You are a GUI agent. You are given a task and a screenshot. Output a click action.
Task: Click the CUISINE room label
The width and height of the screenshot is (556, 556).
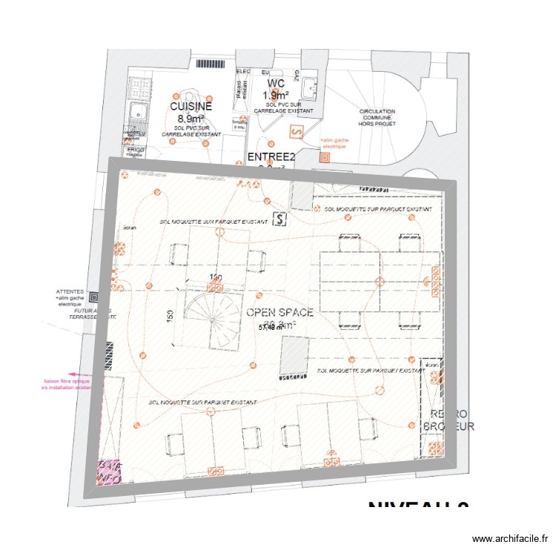(x=191, y=106)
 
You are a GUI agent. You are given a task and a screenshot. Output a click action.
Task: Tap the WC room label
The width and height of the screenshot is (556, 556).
(x=276, y=84)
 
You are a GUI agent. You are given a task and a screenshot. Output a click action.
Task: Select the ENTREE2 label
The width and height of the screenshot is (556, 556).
(x=271, y=157)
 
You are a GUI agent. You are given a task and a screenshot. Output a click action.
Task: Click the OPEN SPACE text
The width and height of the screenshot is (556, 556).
(x=279, y=313)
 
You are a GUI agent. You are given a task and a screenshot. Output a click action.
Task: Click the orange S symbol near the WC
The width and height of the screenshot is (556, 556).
(x=297, y=131)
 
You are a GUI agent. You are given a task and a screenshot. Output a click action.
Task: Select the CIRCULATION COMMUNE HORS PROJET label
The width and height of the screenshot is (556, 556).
(x=377, y=117)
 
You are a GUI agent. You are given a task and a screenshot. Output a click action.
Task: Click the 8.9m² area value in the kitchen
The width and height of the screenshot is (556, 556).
(x=191, y=118)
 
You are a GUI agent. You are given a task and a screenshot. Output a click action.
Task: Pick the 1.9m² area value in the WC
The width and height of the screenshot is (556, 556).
(x=276, y=95)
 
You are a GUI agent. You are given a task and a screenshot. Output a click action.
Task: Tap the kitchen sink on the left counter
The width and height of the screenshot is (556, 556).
(x=137, y=113)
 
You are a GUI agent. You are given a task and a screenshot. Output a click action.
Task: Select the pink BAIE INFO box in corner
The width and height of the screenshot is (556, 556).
(x=110, y=471)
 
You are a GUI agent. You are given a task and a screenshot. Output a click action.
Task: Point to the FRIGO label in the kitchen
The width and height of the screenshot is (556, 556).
(x=135, y=150)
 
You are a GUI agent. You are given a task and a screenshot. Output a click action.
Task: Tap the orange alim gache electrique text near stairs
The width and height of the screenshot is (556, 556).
(x=334, y=143)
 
